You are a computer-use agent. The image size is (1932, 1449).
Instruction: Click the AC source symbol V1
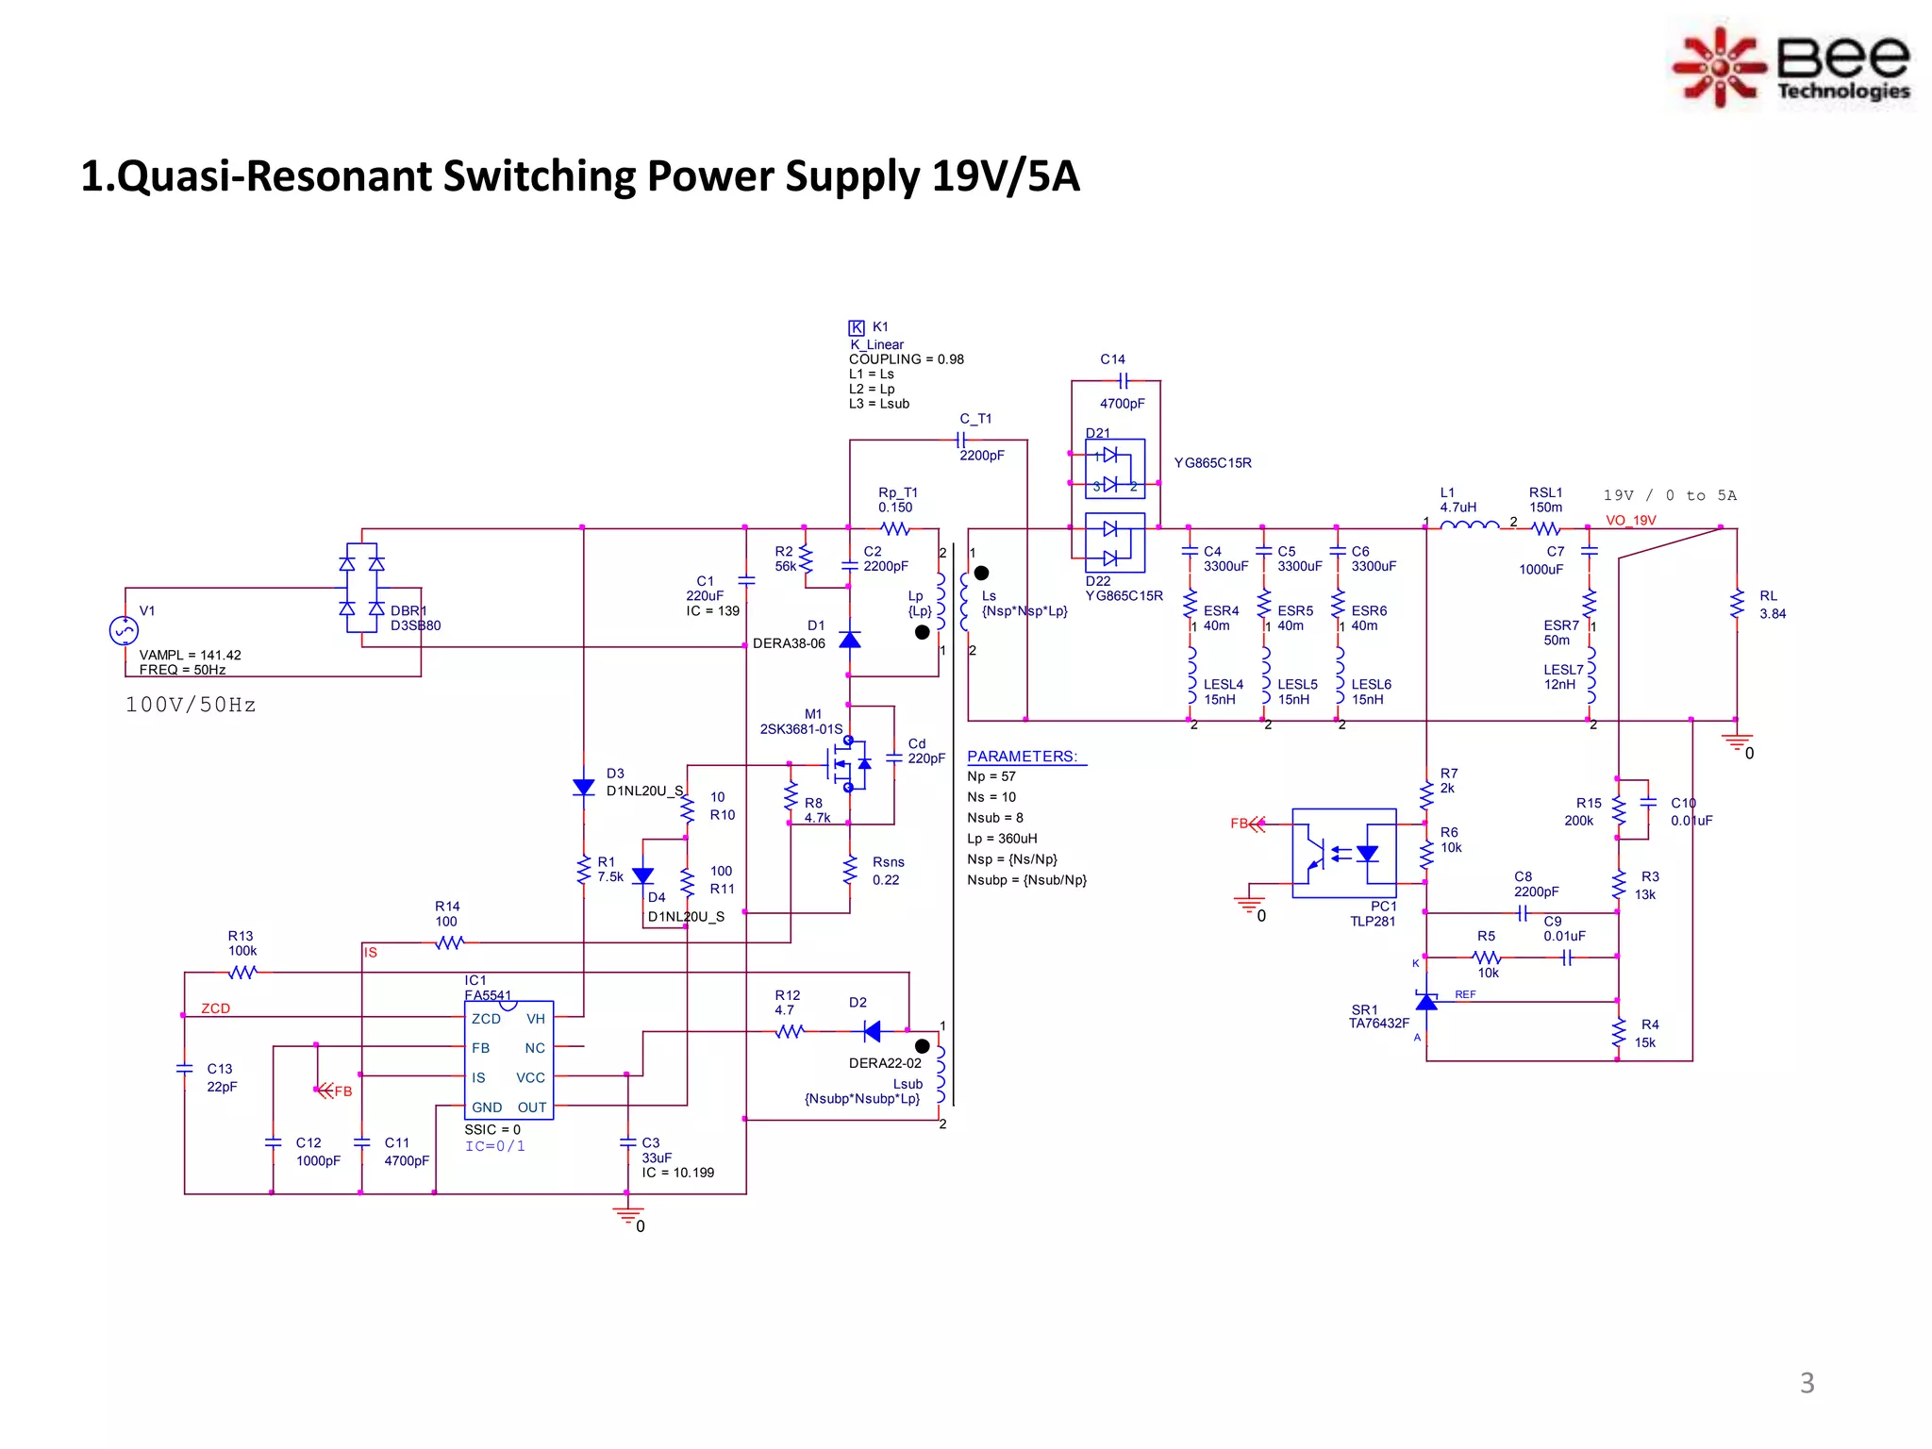click(x=124, y=630)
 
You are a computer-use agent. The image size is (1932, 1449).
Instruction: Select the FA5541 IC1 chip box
click(x=508, y=1060)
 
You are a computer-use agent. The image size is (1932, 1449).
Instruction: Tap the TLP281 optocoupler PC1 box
click(x=1343, y=853)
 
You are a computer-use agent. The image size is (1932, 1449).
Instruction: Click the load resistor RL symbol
click(x=1737, y=604)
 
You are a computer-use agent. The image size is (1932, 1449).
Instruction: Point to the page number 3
click(x=1807, y=1383)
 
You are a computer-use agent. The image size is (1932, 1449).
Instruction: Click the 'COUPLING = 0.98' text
click(x=906, y=359)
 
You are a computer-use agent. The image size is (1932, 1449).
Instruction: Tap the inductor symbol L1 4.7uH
click(x=1469, y=527)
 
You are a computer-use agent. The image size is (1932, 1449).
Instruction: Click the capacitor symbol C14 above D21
click(x=1123, y=381)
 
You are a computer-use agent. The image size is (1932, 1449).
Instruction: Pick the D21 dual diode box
click(x=1115, y=469)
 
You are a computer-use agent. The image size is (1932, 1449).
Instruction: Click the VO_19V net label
click(x=1630, y=521)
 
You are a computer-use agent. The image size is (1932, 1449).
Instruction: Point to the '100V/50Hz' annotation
click(x=191, y=705)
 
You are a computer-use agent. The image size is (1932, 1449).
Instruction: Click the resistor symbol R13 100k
click(x=242, y=972)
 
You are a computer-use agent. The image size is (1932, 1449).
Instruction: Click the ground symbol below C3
click(x=627, y=1215)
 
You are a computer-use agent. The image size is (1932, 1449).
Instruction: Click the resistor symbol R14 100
click(x=449, y=942)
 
